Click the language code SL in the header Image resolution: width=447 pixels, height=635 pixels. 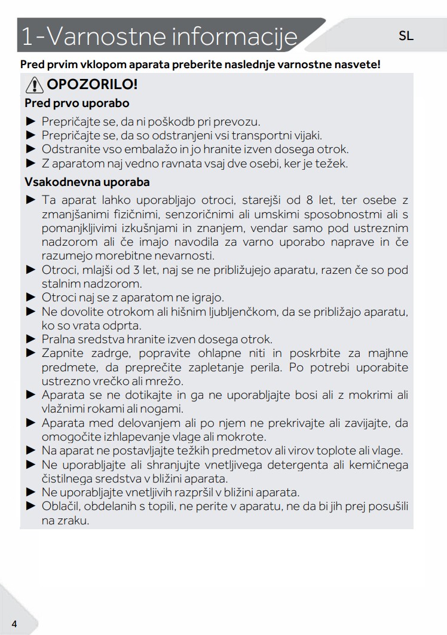(406, 36)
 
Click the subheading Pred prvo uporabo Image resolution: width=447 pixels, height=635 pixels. (77, 103)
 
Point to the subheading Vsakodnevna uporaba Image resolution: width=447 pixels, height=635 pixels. (87, 182)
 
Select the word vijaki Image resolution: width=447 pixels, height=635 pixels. (305, 135)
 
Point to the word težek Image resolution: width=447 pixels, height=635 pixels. (330, 163)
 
